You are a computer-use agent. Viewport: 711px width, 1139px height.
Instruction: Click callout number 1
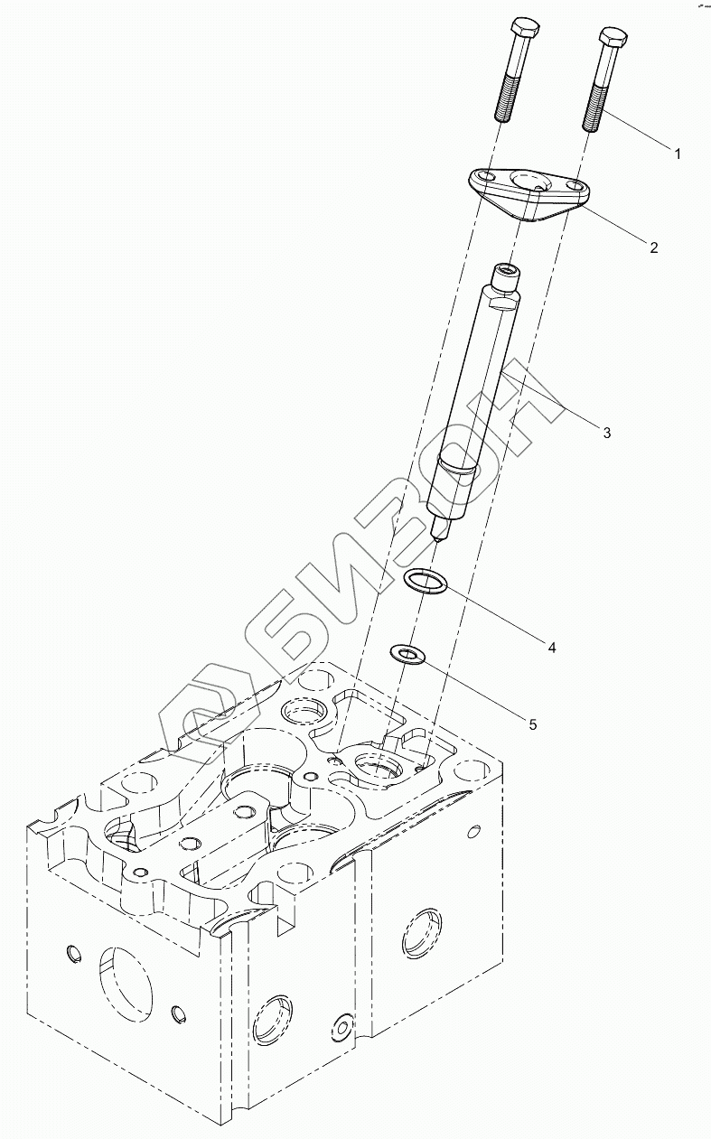(677, 154)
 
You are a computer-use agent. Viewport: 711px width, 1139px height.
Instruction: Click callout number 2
(653, 247)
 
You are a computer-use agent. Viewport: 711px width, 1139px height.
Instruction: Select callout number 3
(606, 434)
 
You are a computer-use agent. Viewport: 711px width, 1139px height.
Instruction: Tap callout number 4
(550, 646)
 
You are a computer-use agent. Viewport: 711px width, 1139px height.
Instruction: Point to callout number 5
(533, 724)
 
